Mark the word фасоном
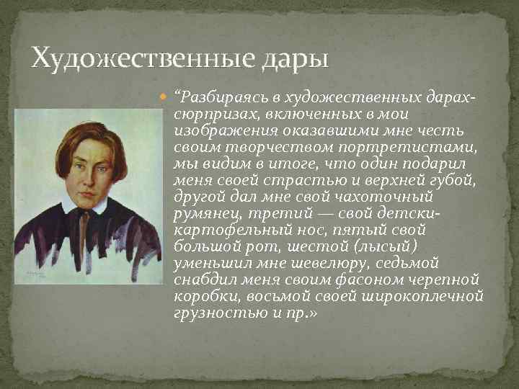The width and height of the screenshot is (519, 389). (343, 280)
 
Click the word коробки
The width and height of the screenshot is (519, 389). (201, 296)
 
